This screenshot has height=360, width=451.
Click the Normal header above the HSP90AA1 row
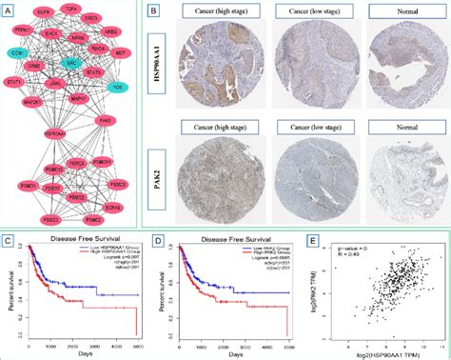(x=398, y=13)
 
